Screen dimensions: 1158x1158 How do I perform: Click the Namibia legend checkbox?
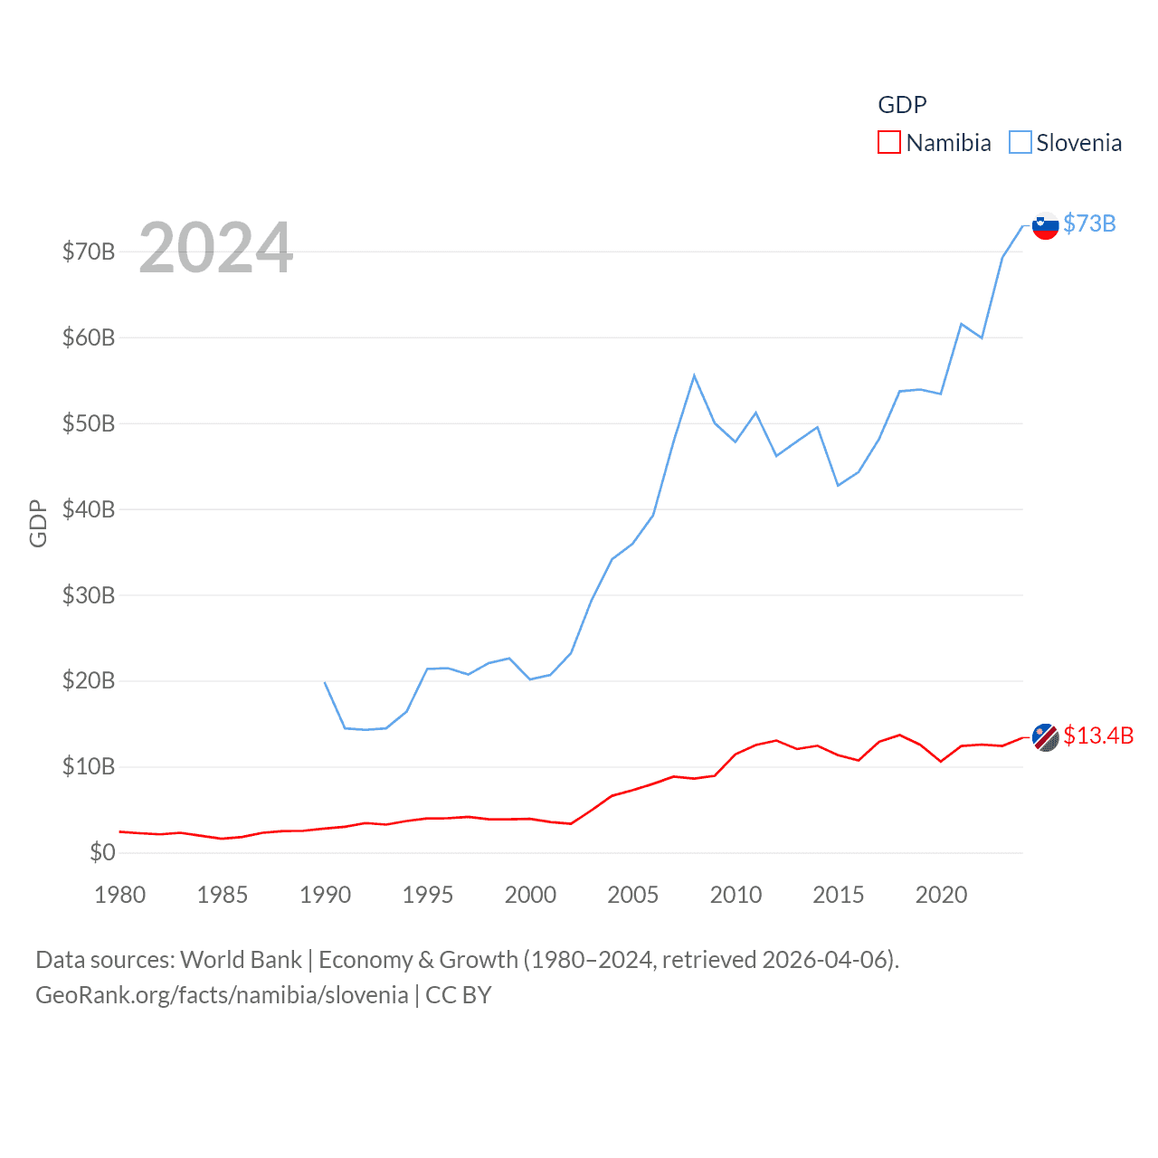pos(888,143)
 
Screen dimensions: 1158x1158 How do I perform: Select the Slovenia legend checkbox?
pos(1020,143)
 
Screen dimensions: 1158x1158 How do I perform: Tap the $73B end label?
pos(1089,223)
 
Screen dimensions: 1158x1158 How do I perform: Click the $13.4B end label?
pos(1098,736)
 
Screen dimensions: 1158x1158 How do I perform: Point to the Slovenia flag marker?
pos(1045,225)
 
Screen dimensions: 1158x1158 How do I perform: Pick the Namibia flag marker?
pos(1045,737)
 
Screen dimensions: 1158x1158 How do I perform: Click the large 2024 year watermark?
pos(215,247)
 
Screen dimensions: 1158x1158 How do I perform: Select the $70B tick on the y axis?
pos(89,252)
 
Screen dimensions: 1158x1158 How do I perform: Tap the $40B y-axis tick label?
pos(89,509)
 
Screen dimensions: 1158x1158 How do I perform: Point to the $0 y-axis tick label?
pos(102,852)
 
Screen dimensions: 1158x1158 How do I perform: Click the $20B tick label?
pos(89,680)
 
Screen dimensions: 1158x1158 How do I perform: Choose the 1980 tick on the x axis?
pos(120,895)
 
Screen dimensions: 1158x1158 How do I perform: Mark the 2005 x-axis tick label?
pos(633,895)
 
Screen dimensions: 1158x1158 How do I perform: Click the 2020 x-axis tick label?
pos(941,895)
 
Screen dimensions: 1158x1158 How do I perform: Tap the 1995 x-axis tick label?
pos(428,895)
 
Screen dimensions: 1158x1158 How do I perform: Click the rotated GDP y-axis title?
pos(38,523)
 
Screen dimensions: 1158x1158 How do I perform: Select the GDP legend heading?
pos(902,105)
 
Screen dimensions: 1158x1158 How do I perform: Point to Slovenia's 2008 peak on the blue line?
pos(694,375)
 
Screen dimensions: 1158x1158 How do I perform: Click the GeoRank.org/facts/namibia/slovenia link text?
pos(222,995)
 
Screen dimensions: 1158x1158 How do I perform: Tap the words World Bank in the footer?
pos(241,960)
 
